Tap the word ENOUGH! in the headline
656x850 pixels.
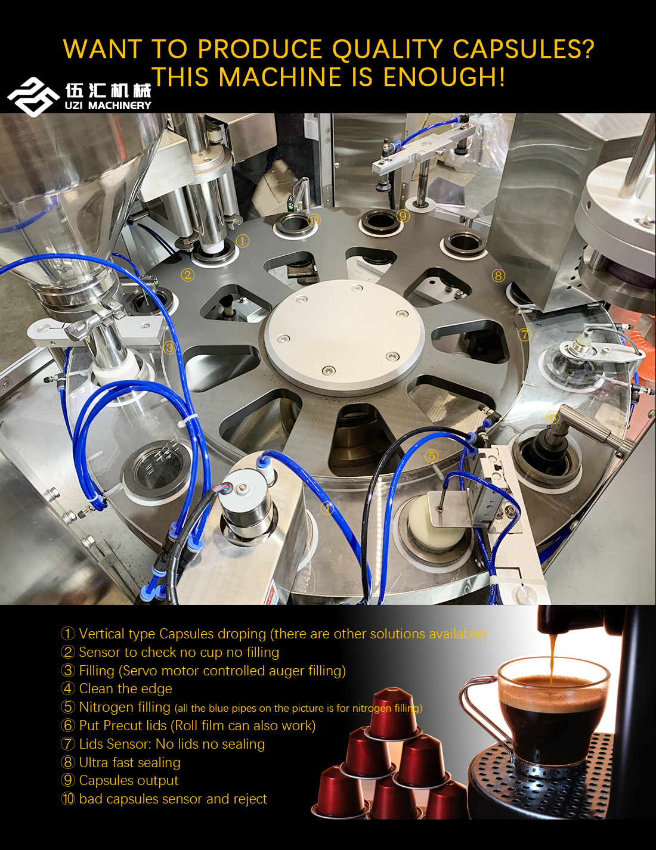tap(444, 77)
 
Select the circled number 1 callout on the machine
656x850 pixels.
tap(243, 241)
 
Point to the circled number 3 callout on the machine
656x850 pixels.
tap(169, 348)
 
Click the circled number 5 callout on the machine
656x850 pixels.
tap(431, 456)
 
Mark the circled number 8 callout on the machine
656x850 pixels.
tap(499, 276)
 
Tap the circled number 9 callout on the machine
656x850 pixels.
tap(403, 215)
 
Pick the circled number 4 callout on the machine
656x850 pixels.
tap(327, 508)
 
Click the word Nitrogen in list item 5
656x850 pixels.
tap(125, 707)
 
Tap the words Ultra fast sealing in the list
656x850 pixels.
tap(129, 762)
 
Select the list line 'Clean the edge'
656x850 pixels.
tap(116, 688)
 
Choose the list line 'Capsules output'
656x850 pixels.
tap(119, 780)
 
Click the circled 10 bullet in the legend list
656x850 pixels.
tap(67, 799)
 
